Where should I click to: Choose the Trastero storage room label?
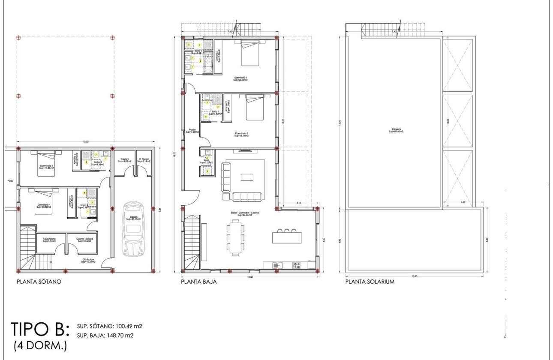[124, 160]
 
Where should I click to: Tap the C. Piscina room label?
[144, 160]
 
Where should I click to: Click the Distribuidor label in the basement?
[88, 261]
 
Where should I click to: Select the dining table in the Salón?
[234, 237]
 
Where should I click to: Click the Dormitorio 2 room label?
[242, 135]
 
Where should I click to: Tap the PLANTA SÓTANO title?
[39, 282]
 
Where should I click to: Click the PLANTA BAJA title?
[198, 282]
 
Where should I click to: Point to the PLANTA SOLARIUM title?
[370, 282]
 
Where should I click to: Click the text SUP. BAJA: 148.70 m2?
[105, 335]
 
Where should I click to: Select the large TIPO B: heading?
[40, 330]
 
